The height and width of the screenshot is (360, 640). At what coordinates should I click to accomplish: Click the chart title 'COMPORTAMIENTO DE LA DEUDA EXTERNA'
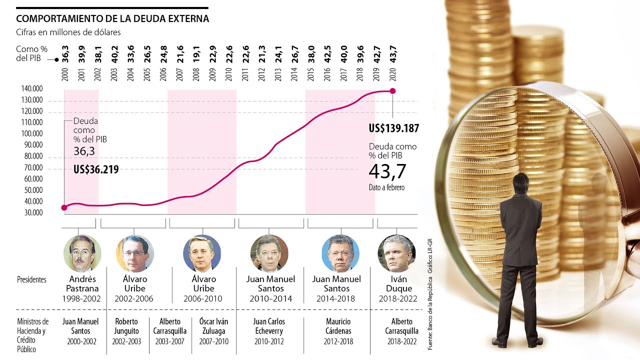point(112,19)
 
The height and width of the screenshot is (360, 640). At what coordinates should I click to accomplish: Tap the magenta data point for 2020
point(392,90)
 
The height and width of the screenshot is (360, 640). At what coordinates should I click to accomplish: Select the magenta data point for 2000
point(64,207)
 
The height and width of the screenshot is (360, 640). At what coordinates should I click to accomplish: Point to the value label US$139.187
point(393,128)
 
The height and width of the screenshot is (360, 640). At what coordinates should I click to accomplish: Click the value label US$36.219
point(96,169)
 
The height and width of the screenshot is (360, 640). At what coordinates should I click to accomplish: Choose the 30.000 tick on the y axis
point(31,212)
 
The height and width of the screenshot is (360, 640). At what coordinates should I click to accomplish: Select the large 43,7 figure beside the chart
point(387,171)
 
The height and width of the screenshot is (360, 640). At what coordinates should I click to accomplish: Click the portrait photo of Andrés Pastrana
point(82,253)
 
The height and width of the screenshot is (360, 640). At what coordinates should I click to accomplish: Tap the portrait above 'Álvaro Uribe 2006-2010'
point(202,253)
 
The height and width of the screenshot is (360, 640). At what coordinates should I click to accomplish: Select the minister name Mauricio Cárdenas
point(338,326)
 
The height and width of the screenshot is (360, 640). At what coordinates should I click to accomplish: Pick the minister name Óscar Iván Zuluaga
point(214,326)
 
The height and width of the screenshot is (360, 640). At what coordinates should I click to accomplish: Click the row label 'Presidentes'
point(31,279)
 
